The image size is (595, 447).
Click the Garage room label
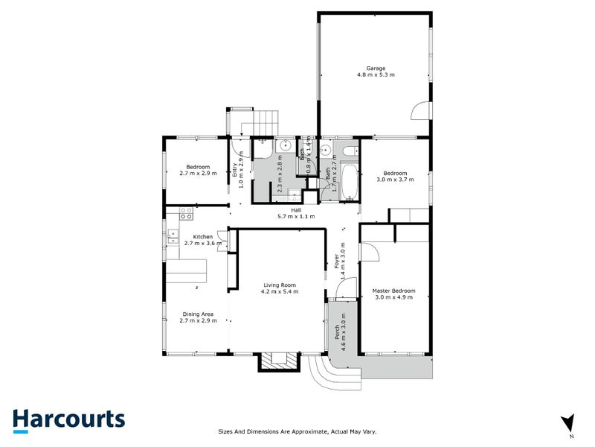click(x=375, y=69)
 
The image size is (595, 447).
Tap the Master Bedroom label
click(x=394, y=291)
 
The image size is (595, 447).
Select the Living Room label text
click(x=279, y=285)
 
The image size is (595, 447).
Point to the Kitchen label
click(x=183, y=237)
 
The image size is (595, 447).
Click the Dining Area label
click(x=199, y=314)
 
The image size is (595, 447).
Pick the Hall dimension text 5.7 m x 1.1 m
click(x=295, y=217)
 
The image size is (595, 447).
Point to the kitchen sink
click(x=172, y=236)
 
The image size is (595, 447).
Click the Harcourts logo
click(x=68, y=419)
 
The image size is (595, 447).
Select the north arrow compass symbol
click(x=569, y=422)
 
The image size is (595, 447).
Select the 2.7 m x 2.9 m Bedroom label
click(x=198, y=170)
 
